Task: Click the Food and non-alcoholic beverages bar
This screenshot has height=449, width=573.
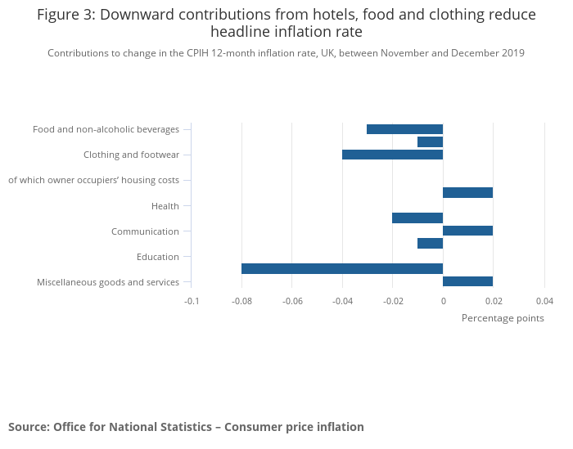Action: point(404,129)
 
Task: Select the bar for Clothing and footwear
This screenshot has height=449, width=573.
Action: point(392,155)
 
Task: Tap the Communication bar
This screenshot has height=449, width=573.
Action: point(467,231)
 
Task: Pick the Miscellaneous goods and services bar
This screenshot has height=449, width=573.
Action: point(467,281)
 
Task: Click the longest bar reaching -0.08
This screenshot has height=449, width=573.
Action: point(342,268)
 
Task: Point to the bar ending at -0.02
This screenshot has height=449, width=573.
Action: point(417,218)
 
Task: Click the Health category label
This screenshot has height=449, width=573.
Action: point(165,206)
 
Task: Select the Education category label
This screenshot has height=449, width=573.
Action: point(158,257)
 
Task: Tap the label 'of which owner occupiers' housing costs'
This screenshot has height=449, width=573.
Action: point(93,180)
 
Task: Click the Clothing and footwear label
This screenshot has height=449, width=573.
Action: point(131,155)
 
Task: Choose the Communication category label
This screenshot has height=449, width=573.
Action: point(145,231)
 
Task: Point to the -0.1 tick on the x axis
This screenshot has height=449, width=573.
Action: point(192,301)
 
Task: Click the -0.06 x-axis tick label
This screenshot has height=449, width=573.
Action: point(292,301)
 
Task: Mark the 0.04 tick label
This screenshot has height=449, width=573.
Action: point(544,301)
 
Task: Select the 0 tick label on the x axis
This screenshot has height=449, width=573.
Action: point(443,301)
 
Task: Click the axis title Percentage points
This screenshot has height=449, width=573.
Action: point(503,318)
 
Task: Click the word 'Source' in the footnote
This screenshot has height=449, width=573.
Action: point(28,427)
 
